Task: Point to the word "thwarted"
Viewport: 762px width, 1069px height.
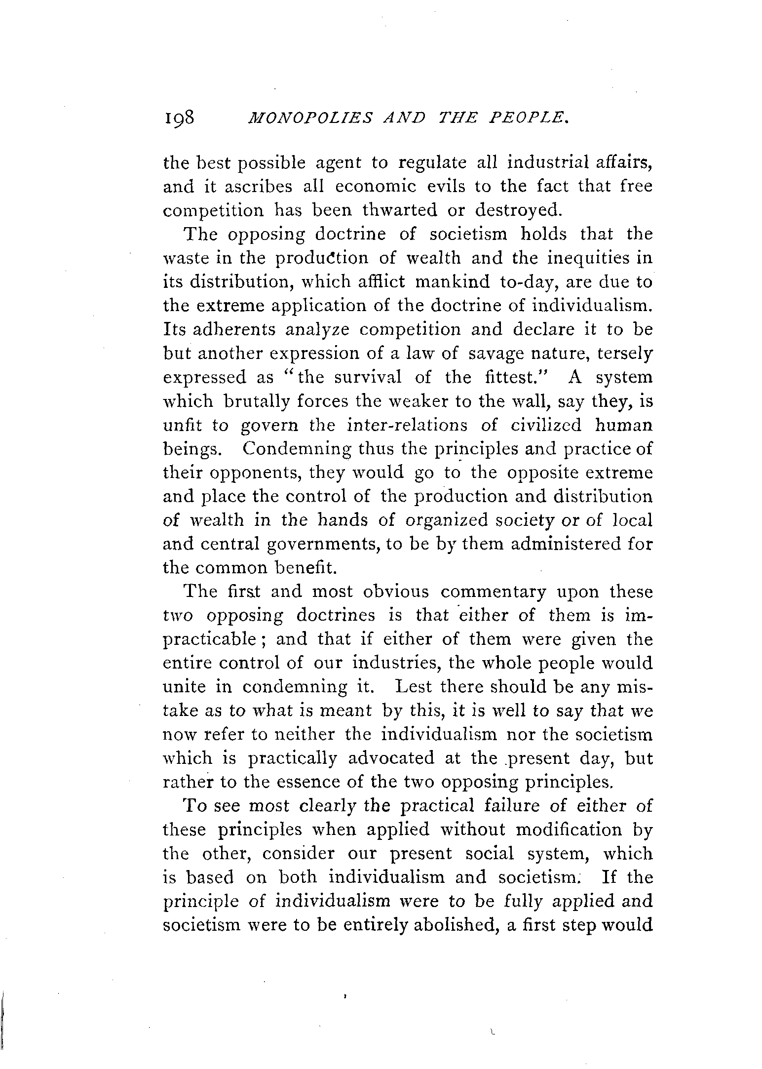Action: (400, 210)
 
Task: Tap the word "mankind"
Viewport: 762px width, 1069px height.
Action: (452, 282)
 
